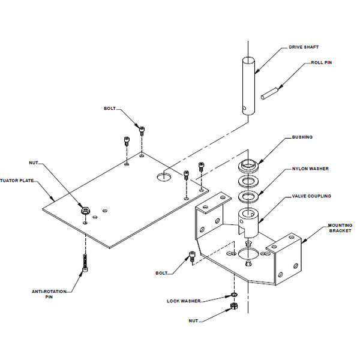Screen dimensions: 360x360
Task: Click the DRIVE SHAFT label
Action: click(x=304, y=47)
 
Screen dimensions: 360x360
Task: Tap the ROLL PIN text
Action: click(x=321, y=62)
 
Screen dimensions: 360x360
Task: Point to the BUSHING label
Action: click(x=302, y=137)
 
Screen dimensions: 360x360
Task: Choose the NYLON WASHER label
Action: click(x=310, y=169)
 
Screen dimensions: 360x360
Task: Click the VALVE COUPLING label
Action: click(x=311, y=196)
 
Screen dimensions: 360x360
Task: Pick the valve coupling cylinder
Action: click(x=248, y=223)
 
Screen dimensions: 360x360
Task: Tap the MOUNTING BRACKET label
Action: click(x=340, y=228)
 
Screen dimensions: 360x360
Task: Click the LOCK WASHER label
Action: click(x=184, y=301)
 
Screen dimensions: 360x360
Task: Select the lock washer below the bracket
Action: click(x=234, y=295)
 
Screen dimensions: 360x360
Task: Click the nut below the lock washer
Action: click(x=234, y=306)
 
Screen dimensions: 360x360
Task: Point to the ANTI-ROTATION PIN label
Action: click(x=49, y=294)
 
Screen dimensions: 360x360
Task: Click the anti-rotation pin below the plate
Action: click(x=85, y=263)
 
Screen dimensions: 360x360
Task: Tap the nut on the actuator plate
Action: click(x=85, y=211)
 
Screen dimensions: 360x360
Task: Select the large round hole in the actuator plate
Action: click(x=164, y=177)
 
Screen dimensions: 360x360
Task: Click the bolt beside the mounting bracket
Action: click(x=192, y=256)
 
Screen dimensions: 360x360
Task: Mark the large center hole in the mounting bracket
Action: click(x=245, y=254)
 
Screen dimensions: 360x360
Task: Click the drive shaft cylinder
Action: click(x=248, y=86)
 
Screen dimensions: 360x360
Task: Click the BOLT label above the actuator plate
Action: click(x=110, y=109)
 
